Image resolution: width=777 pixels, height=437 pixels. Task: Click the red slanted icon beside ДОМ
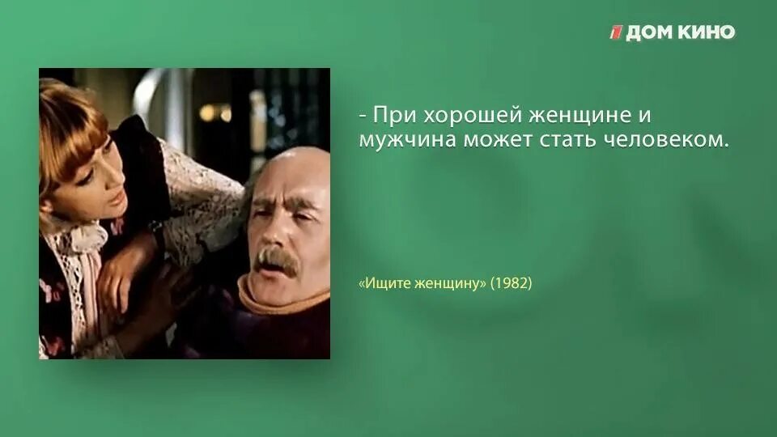click(617, 32)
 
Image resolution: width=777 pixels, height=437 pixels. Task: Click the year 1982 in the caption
click(511, 284)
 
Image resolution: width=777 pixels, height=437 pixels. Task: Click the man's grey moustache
click(277, 260)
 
